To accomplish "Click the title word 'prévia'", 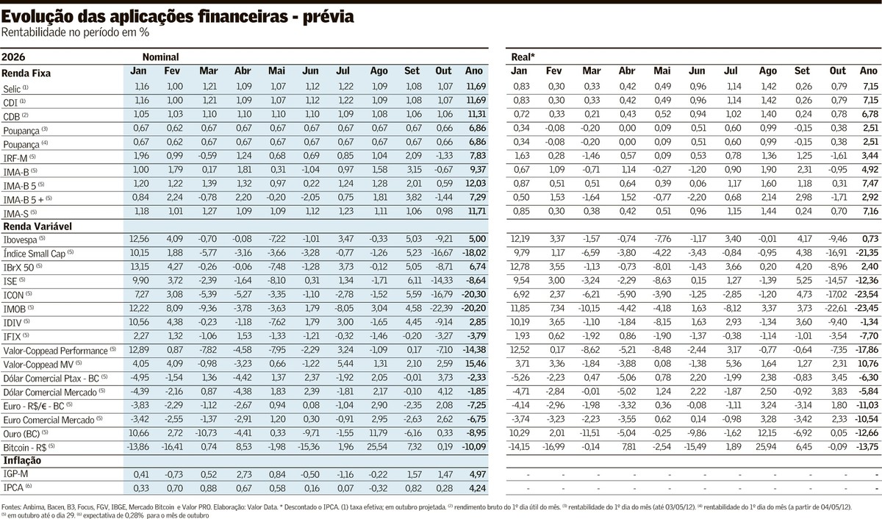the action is [x=329, y=16].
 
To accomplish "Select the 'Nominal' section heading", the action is [x=161, y=57].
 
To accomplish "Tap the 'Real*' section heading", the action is [x=523, y=57].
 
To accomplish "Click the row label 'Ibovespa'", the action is [x=20, y=240].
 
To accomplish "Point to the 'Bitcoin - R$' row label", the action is [x=25, y=448].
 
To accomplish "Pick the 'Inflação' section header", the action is [x=22, y=460].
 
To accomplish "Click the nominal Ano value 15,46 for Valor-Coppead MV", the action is [x=476, y=363].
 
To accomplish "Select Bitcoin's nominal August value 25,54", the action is [x=377, y=447].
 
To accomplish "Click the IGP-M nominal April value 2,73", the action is [x=243, y=474].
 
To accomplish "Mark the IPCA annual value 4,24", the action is [x=478, y=488].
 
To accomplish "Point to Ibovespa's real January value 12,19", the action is [x=520, y=239].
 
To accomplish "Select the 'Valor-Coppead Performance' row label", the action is [x=55, y=351].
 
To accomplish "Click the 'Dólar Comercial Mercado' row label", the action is [x=50, y=393].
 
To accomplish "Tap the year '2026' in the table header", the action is [x=13, y=57].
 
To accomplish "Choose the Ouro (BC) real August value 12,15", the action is [x=766, y=433].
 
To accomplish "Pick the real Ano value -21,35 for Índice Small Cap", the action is [x=867, y=253].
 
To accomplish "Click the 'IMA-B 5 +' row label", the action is [x=24, y=200].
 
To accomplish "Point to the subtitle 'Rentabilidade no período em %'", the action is [x=75, y=32].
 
